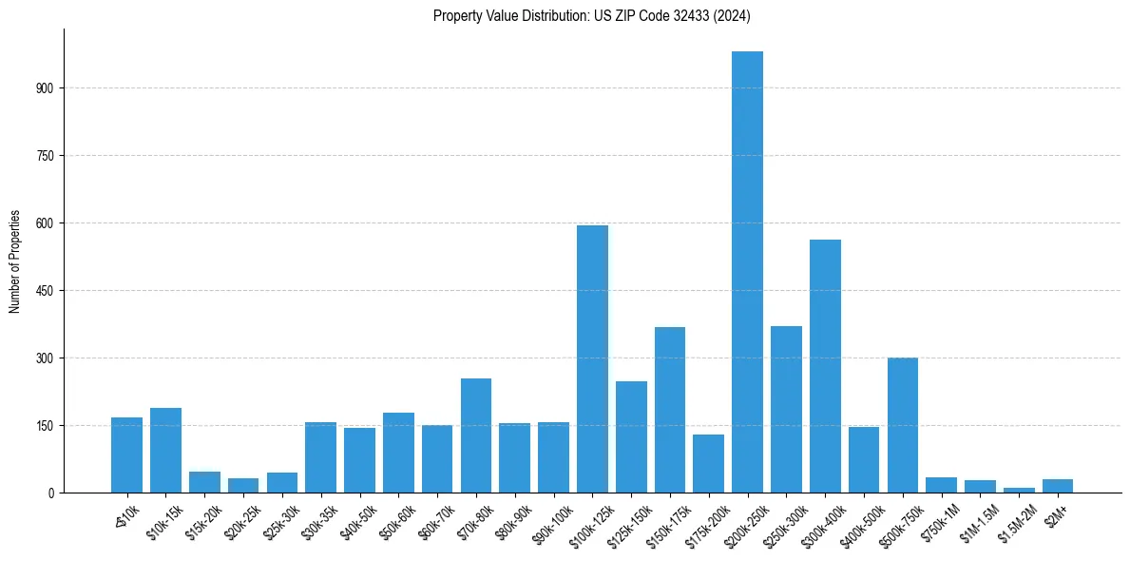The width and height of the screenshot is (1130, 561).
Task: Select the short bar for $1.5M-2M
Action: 1019,490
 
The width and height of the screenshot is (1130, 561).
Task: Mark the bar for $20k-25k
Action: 242,486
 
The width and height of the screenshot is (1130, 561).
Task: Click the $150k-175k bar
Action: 669,410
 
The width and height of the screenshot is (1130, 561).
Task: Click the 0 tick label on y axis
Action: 54,493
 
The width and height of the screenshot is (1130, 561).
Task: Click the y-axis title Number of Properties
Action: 15,261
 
